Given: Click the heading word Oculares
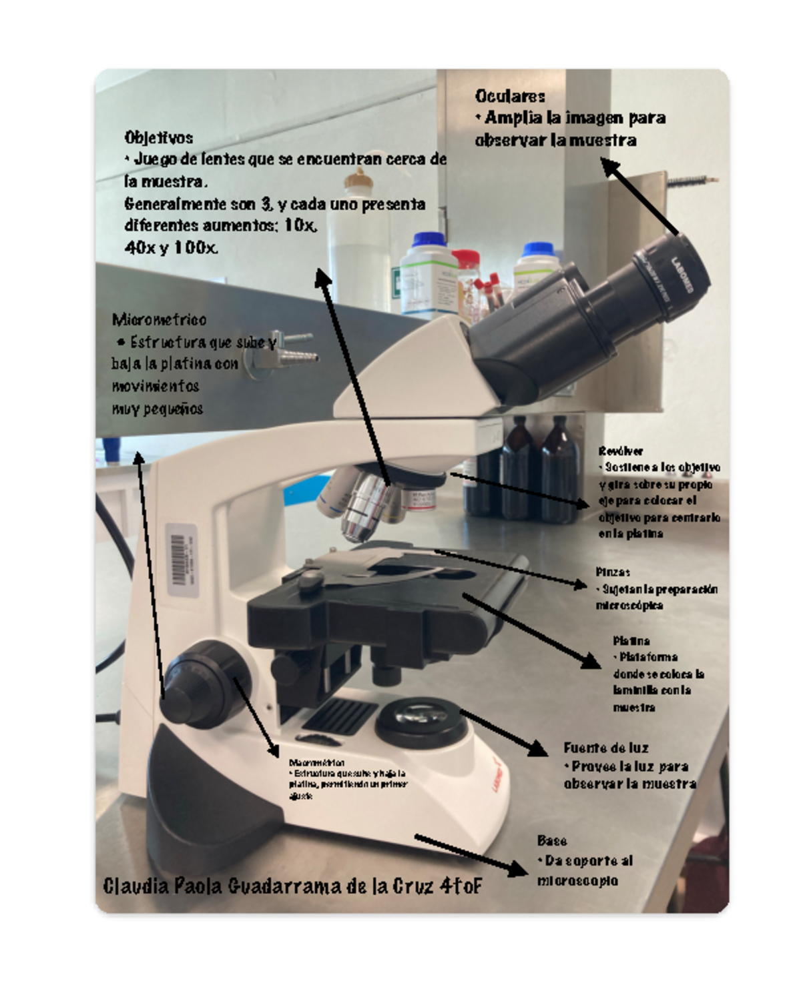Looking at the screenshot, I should coord(510,96).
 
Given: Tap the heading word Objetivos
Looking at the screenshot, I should coord(158,137).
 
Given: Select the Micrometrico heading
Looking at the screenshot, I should coord(159,319).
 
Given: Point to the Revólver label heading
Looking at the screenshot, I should coord(620,451).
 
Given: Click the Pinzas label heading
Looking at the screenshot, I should coord(612,572).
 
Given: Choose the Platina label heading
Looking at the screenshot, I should coord(631,640).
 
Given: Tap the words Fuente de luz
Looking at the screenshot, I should coord(605,748).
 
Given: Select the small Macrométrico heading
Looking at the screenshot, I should coord(316,762).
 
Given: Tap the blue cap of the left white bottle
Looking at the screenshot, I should coord(428,239).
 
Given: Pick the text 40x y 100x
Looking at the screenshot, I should coord(171,247).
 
